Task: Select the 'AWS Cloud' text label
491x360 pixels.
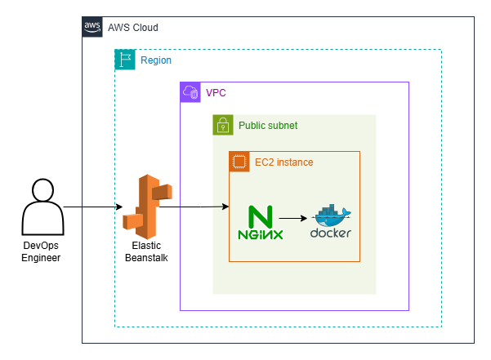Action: click(133, 28)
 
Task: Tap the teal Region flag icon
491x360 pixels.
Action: click(125, 60)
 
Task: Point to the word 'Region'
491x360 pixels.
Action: click(156, 60)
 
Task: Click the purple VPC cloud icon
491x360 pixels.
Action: click(190, 92)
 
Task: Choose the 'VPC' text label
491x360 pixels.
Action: click(216, 93)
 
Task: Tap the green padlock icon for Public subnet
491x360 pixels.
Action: click(222, 125)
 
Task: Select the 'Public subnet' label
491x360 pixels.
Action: click(268, 126)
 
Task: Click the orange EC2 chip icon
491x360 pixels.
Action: click(239, 162)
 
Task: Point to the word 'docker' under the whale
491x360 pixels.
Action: click(331, 233)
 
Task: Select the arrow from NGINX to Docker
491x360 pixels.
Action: click(294, 219)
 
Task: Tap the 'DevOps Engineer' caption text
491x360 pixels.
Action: click(41, 251)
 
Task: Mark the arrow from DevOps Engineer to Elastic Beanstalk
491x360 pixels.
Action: click(94, 207)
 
